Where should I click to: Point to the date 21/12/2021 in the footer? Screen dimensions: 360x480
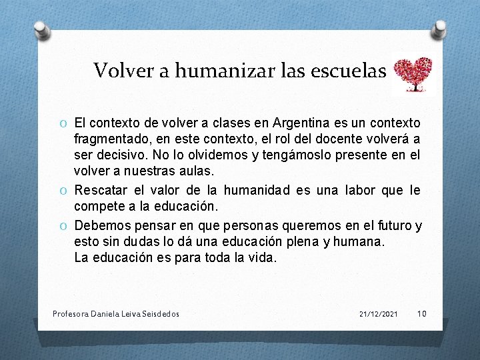click(x=378, y=313)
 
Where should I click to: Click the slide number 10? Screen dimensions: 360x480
click(x=421, y=313)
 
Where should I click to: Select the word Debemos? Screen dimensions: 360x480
click(x=100, y=226)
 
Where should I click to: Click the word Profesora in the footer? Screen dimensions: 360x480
click(x=70, y=313)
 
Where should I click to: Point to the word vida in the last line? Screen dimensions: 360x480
click(x=262, y=257)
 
